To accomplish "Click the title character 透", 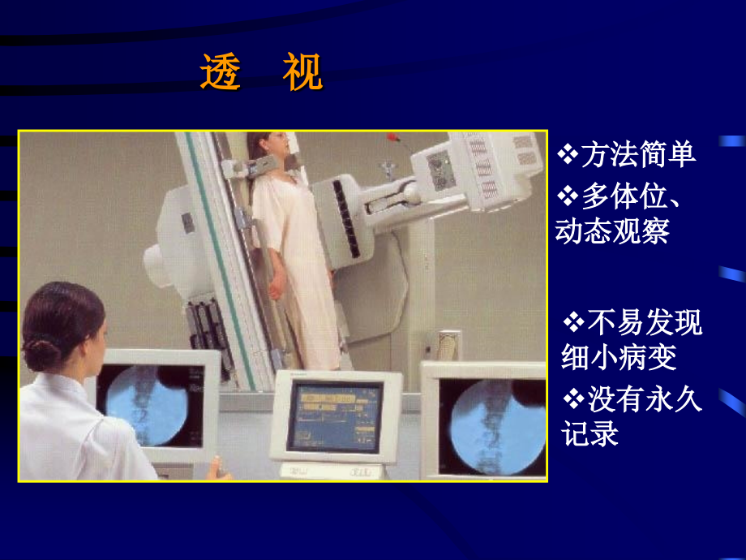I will pos(221,74).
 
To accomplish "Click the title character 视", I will pos(302,74).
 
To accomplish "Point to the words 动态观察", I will pos(612,230).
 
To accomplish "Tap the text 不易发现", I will pos(644,323).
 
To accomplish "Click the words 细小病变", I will pos(618,356).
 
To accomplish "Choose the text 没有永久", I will pos(644,399).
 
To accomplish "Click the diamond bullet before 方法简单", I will pos(568,153).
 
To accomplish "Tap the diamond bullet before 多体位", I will pos(568,196).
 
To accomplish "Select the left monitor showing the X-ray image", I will pos(154,402).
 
